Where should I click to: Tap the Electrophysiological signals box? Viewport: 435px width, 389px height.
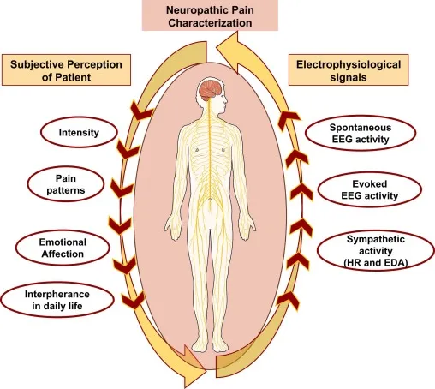point(361,69)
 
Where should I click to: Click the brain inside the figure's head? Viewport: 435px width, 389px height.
point(210,93)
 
